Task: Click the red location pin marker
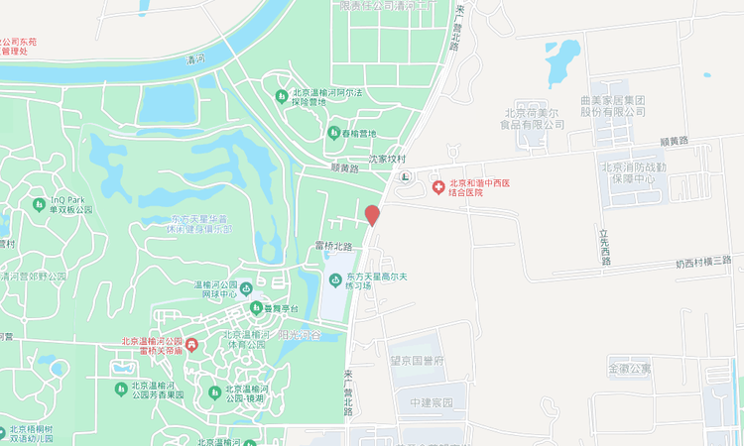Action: pos(372,215)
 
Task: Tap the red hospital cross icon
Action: pos(438,186)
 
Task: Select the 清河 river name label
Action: pos(194,59)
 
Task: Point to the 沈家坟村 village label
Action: pos(388,158)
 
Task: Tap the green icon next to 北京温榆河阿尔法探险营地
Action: pos(282,95)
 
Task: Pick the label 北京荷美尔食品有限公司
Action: pos(533,118)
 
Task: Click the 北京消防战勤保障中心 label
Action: pos(643,172)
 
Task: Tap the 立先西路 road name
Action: pos(604,248)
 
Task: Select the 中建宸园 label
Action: pos(431,403)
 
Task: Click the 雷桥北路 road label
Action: pos(334,246)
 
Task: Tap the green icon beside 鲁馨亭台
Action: pos(255,307)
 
